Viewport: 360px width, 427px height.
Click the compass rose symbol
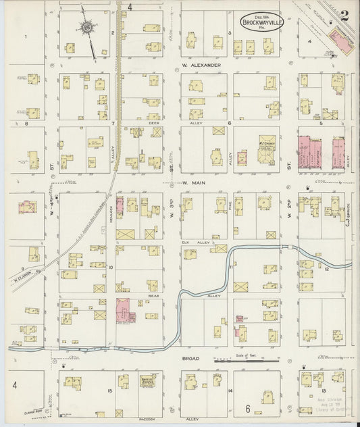tap(87, 28)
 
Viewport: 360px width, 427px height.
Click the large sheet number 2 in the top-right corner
tap(344, 16)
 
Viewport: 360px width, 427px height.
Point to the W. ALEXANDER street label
tap(201, 66)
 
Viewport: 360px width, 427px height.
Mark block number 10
tap(111, 267)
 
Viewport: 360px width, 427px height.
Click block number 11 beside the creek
tap(230, 268)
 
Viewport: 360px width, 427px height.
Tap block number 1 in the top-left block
tap(26, 36)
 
